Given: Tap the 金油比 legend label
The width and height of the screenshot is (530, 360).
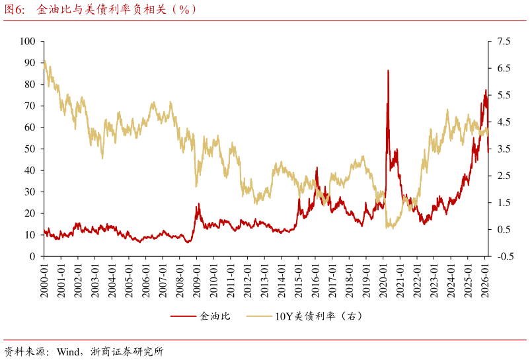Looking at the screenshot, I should coord(215,316).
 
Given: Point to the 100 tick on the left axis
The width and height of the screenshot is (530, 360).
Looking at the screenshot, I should coord(27,41).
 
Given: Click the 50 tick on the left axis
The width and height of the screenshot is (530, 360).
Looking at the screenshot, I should coord(30,149).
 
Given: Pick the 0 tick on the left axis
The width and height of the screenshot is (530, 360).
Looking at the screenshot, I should coord(32,256).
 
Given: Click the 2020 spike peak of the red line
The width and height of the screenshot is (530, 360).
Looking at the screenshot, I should coord(388,70).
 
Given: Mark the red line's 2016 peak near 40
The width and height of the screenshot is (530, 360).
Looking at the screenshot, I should coord(317,168).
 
